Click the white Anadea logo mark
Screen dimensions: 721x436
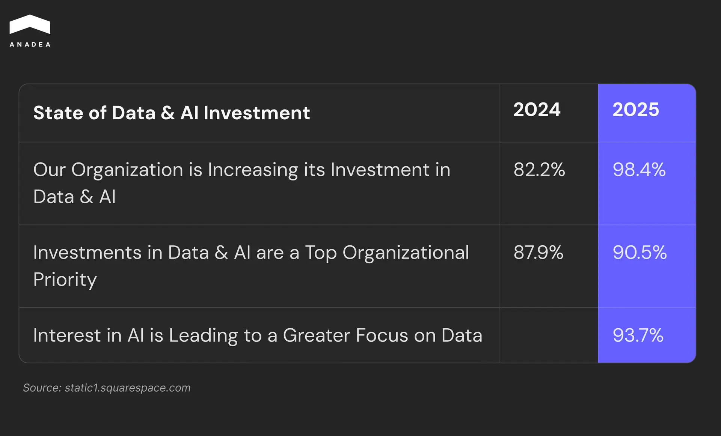point(30,24)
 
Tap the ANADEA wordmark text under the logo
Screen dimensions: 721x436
point(30,45)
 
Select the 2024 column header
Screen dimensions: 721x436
point(537,110)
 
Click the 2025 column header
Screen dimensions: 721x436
point(636,110)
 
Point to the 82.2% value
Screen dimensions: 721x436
point(539,170)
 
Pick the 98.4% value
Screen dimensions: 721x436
point(639,170)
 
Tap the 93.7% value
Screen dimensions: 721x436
point(638,335)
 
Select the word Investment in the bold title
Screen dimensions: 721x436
point(257,113)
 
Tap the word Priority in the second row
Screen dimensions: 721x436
point(65,280)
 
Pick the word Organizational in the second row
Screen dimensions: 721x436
point(406,253)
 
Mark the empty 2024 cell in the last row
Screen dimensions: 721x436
point(548,335)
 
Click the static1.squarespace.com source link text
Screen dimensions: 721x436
point(128,388)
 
